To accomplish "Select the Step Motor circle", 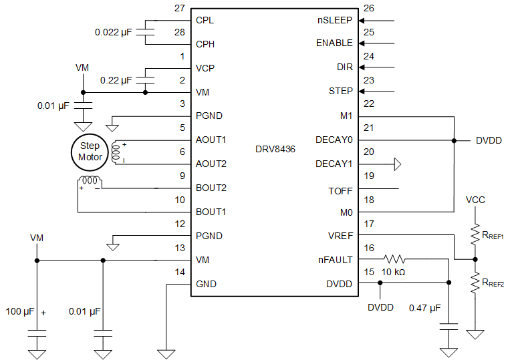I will pos(90,152).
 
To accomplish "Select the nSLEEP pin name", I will pos(335,20).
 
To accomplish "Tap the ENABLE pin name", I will pos(334,43).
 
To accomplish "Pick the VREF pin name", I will pos(340,236).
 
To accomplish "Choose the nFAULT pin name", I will pos(336,260).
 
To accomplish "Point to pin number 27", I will pos(179,9).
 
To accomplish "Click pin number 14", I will pos(179,272).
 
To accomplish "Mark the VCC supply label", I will pos(475,200).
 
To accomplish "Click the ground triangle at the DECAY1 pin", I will pos(397,164).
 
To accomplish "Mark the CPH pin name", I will pos(206,44).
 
